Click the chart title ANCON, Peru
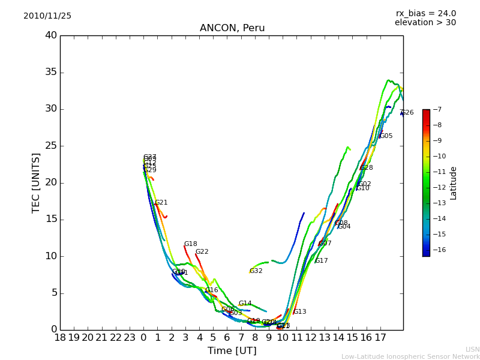[x=232, y=28]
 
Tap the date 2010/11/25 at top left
[x=47, y=16]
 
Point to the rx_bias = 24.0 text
[x=425, y=14]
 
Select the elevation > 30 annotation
[x=425, y=23]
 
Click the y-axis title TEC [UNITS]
[x=37, y=182]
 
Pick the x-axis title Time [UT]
[x=232, y=350]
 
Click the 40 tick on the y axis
[x=51, y=35]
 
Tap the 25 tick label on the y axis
[x=51, y=146]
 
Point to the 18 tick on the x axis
[x=60, y=338]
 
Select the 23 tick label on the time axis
[x=130, y=338]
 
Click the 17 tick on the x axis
[x=380, y=338]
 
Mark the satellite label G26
[x=407, y=113]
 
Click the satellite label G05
[x=386, y=136]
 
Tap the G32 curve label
[x=256, y=271]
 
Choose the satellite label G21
[x=161, y=203]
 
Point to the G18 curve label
[x=190, y=244]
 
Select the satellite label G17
[x=322, y=261]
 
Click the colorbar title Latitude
[x=454, y=183]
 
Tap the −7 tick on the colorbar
[x=436, y=109]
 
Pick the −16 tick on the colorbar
[x=436, y=250]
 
